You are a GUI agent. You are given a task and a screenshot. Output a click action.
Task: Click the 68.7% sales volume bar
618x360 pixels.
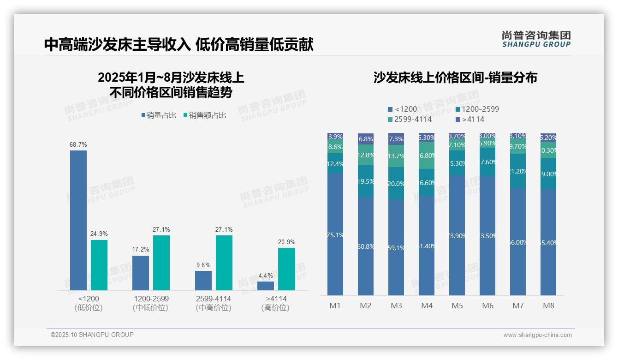coord(78,220)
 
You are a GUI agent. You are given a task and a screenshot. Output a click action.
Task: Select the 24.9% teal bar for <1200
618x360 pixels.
coord(99,265)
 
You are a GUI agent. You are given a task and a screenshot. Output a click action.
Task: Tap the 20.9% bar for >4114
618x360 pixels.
coord(286,269)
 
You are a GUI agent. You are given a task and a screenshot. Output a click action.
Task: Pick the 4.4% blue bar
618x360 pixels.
coord(266,286)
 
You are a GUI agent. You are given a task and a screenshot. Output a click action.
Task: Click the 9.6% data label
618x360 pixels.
coord(203,265)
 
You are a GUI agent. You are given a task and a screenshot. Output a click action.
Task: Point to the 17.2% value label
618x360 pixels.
coord(141,250)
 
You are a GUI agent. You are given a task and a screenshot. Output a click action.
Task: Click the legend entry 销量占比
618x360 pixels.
coord(158,115)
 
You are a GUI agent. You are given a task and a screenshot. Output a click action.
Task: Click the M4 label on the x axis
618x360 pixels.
coord(427,306)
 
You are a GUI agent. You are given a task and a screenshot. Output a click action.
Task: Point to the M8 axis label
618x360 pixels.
coord(548,306)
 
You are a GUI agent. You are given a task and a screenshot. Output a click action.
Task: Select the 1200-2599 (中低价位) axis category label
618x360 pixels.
coord(150,303)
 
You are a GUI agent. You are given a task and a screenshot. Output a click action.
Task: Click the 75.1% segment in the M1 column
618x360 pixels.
coord(335,234)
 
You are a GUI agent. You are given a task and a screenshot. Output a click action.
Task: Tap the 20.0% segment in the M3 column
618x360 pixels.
coord(396,183)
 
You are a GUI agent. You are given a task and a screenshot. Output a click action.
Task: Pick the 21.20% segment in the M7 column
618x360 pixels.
coord(518,171)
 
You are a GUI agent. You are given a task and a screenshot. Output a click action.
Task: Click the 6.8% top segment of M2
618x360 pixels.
coord(366,139)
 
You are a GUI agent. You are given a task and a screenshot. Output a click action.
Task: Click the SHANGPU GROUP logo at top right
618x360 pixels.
coord(536,39)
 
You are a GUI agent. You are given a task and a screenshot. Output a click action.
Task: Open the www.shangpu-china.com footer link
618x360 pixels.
coord(537,335)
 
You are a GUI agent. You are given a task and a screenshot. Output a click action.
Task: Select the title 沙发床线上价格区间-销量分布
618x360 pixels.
coord(455,78)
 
